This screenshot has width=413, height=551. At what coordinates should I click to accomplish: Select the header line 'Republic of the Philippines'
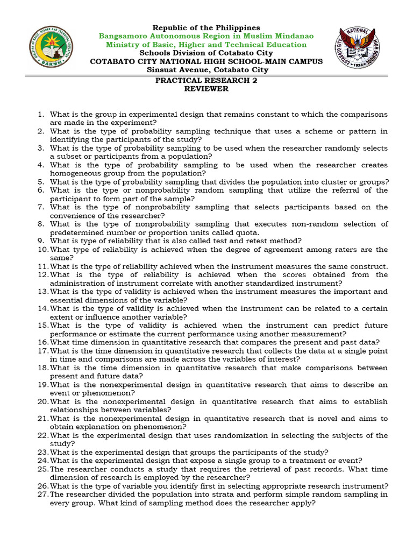coord(206,27)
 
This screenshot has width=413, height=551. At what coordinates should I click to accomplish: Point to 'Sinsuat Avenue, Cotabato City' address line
coord(206,70)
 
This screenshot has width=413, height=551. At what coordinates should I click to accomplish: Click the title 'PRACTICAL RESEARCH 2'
coord(206,80)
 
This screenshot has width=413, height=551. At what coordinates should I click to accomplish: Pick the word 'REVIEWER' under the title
coord(206,89)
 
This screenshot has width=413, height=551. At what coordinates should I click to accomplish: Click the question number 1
coord(40,115)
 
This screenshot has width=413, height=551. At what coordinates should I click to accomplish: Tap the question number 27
coord(42,495)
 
